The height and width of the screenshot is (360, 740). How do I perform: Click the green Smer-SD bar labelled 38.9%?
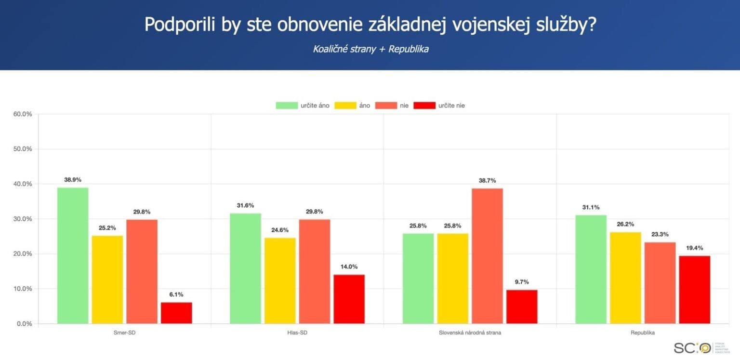pyautogui.click(x=73, y=255)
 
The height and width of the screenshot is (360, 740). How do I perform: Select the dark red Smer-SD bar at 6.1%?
pyautogui.click(x=176, y=313)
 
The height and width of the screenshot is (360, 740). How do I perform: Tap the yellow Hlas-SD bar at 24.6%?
pyautogui.click(x=280, y=280)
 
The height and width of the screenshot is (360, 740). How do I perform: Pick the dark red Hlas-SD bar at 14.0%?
pyautogui.click(x=349, y=299)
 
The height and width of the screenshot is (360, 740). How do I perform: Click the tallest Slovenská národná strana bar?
pyautogui.click(x=487, y=256)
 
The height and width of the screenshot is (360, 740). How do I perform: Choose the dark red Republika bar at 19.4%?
pyautogui.click(x=695, y=290)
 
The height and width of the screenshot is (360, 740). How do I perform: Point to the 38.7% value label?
pyautogui.click(x=487, y=180)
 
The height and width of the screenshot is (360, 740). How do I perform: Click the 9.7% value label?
pyautogui.click(x=522, y=281)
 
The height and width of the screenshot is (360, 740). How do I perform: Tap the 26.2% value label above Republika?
pyautogui.click(x=625, y=224)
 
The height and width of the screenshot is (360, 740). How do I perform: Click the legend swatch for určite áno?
pyautogui.click(x=287, y=105)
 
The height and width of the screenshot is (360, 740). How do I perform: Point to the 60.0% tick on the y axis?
pyautogui.click(x=22, y=114)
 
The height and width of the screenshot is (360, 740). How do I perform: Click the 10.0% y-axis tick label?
pyautogui.click(x=22, y=289)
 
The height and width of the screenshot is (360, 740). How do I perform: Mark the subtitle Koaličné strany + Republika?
pyautogui.click(x=370, y=49)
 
